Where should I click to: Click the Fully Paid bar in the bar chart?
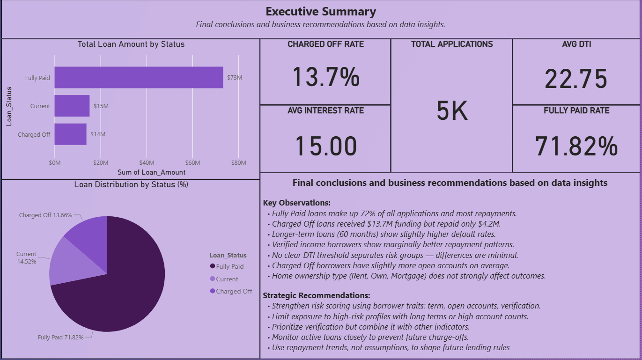tap(139, 78)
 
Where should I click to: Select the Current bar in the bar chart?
tap(72, 106)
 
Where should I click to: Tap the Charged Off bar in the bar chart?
tap(70, 134)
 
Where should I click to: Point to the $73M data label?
tap(235, 78)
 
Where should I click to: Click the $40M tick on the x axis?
tap(147, 163)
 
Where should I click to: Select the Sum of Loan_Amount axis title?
tap(148, 172)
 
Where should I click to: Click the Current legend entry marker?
tap(213, 279)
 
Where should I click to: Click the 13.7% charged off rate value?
tap(325, 77)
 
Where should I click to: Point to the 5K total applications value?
tap(452, 111)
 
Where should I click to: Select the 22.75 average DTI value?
tap(576, 79)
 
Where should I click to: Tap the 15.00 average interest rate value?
tap(325, 146)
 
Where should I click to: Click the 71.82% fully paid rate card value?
tap(576, 146)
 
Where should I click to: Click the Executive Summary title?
tap(321, 12)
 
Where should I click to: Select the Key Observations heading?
tap(296, 203)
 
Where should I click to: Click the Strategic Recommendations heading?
tap(317, 295)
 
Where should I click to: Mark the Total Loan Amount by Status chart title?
tap(131, 44)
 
